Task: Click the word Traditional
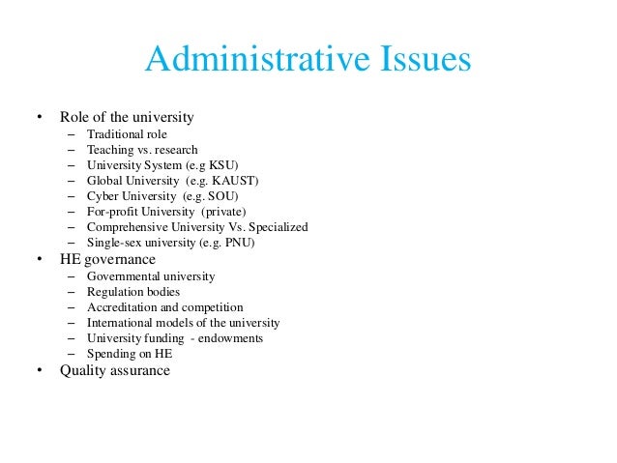(x=112, y=134)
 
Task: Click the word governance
(x=119, y=259)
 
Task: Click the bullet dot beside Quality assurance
(x=40, y=371)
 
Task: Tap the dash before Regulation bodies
(x=72, y=292)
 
